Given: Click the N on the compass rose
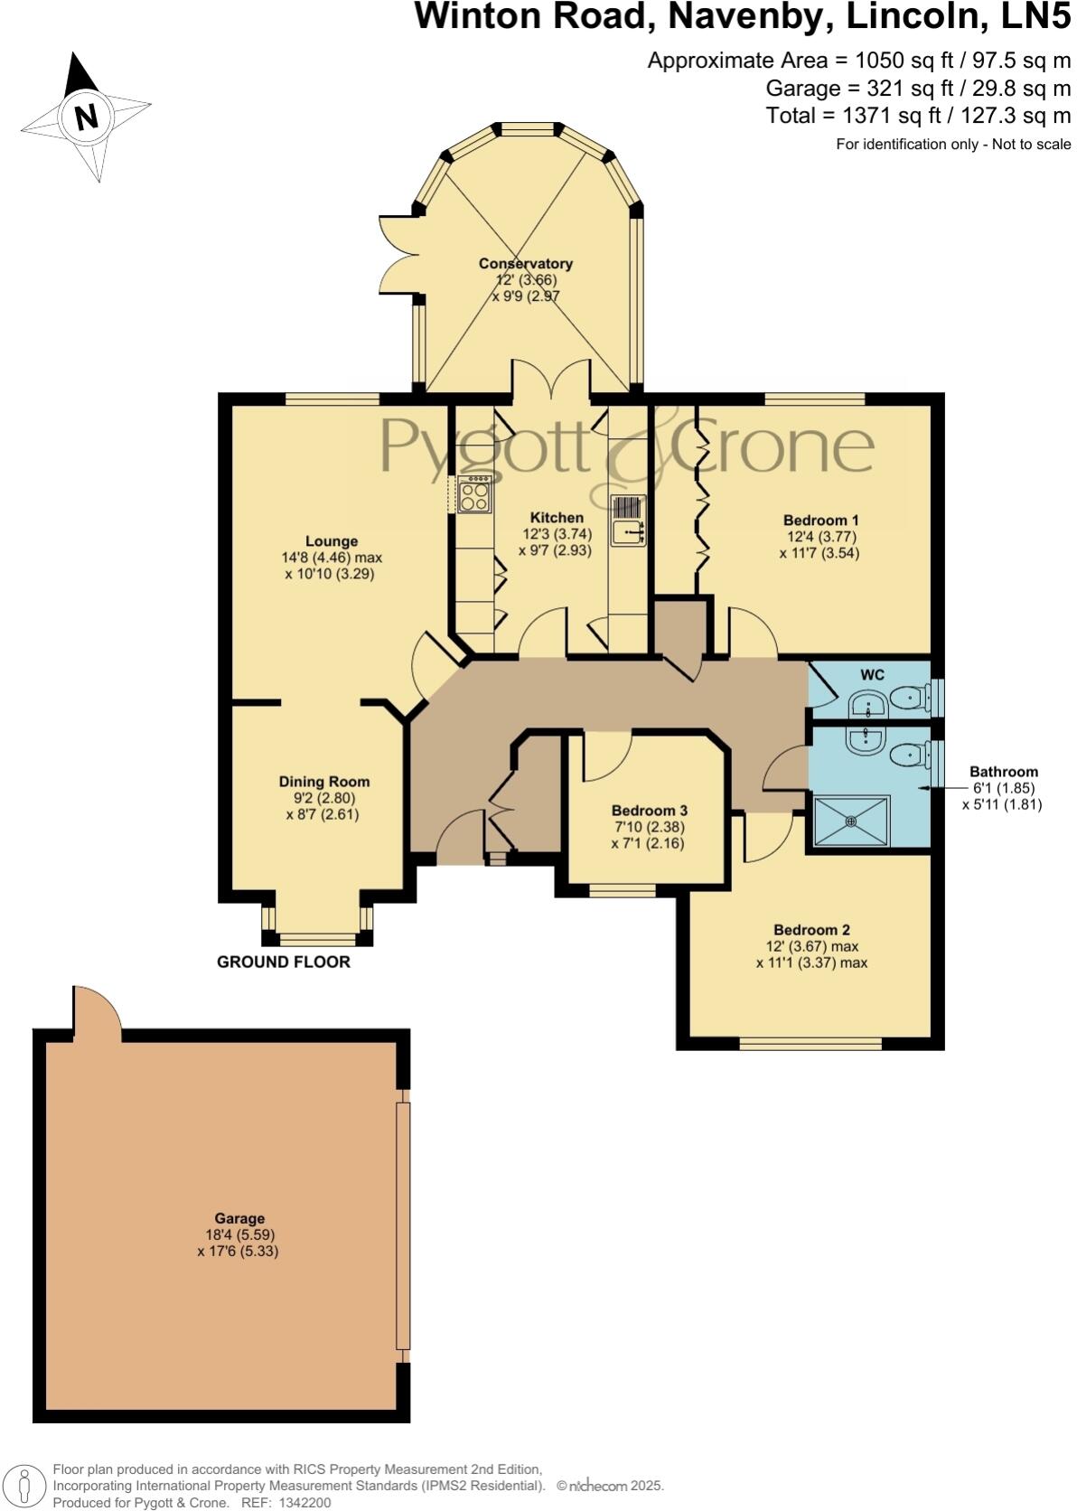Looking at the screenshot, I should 86,117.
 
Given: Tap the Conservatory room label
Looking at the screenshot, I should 525,264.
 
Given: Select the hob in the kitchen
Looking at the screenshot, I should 474,495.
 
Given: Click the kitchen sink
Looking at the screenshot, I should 629,532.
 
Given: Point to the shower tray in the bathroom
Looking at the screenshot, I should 851,821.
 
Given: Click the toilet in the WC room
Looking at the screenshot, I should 908,698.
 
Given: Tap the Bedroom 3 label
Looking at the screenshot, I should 649,811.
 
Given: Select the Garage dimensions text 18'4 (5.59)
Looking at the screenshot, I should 239,1234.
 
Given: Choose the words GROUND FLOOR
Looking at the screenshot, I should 283,962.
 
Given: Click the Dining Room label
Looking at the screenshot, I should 323,782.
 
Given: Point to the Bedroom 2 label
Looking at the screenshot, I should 811,930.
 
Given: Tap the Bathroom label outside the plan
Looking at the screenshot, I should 1003,772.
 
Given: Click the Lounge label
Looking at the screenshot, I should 331,541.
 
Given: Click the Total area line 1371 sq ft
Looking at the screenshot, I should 917,116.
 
